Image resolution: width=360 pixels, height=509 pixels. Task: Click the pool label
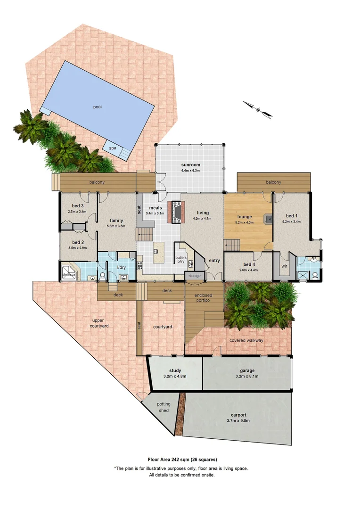[98, 107]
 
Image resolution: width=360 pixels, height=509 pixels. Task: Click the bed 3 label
[78, 206]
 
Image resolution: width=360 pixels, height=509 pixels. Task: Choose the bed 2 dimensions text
[78, 248]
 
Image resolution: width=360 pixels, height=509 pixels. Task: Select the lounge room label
[245, 217]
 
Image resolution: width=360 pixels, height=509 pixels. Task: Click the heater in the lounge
[268, 219]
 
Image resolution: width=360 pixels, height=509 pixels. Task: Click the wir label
[285, 266]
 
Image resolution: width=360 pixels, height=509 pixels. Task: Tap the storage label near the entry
[194, 276]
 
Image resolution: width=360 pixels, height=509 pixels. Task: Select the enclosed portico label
[204, 298]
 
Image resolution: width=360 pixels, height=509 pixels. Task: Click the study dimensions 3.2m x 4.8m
[175, 377]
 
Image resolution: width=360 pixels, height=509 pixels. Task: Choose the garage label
[247, 370]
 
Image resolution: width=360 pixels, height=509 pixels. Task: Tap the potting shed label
[164, 407]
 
